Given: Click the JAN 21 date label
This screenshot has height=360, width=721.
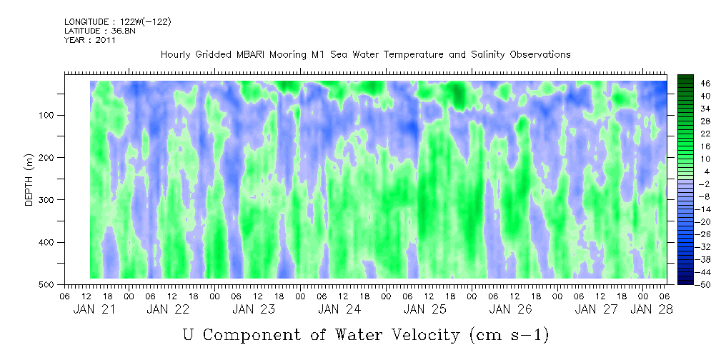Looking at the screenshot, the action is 94,309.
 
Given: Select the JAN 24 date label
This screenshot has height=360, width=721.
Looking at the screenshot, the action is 339,309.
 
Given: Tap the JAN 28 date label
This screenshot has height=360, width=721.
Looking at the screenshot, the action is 651,309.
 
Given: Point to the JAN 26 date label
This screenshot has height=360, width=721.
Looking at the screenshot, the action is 510,309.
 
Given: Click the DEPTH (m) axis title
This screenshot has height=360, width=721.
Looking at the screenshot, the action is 29,180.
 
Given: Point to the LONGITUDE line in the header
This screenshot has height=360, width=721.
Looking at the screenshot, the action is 118,21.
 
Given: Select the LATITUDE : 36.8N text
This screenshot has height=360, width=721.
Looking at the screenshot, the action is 100,31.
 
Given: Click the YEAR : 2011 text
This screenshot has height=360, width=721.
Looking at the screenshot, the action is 90,40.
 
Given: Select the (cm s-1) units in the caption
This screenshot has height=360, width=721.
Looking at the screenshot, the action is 509,335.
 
